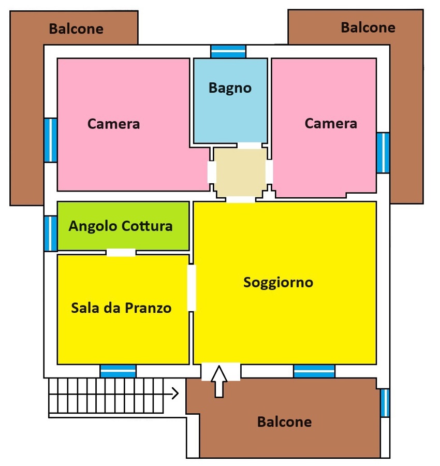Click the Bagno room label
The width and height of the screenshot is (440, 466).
tap(230, 88)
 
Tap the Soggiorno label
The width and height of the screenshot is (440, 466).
tap(278, 282)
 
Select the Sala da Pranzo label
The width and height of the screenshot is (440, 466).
tap(121, 308)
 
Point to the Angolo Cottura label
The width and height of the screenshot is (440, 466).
tap(121, 226)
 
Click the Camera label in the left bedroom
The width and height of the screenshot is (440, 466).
tap(113, 124)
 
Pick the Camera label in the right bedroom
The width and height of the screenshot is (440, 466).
tap(331, 123)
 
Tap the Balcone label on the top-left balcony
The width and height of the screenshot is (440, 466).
tap(76, 29)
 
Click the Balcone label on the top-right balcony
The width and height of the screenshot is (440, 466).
tap(368, 27)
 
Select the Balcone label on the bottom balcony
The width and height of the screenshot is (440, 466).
tap(284, 421)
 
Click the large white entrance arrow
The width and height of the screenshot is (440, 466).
tap(219, 382)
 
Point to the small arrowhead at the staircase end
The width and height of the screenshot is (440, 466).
tap(175, 393)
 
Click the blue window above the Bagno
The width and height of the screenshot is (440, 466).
tap(228, 52)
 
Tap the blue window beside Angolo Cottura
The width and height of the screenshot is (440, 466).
tap(51, 234)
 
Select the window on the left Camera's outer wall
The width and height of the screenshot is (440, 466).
tap(51, 140)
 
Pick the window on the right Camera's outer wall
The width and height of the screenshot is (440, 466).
tap(383, 153)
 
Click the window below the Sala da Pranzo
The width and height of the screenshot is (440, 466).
tap(118, 371)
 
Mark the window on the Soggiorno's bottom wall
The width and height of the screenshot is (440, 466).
tap(314, 371)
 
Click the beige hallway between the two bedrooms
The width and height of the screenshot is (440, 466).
tap(241, 172)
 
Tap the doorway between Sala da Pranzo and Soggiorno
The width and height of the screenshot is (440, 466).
tap(192, 288)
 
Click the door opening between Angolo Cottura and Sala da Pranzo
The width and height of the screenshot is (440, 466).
tap(121, 253)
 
